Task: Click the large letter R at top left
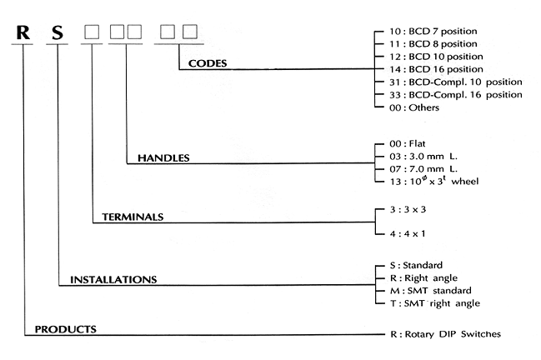23,34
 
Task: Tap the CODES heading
208,63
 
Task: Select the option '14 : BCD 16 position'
442,69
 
